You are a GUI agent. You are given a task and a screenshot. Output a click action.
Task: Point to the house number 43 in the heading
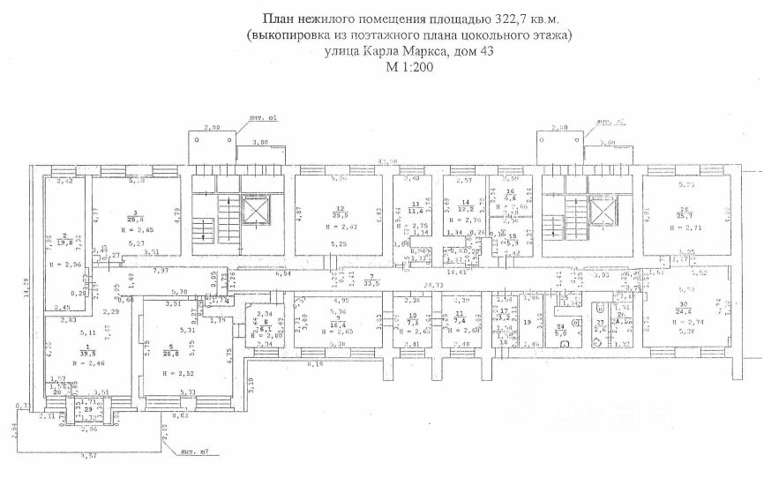tap(483, 52)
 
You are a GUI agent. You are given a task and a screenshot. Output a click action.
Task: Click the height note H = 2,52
tap(184, 372)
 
